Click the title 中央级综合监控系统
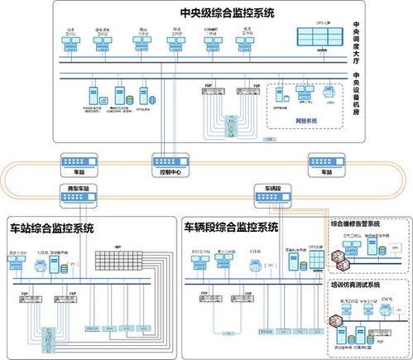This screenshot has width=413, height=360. click(x=225, y=12)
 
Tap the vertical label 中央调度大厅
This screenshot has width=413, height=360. click(x=356, y=43)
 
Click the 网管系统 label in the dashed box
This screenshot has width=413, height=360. click(x=305, y=121)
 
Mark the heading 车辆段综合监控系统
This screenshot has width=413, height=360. click(x=231, y=227)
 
